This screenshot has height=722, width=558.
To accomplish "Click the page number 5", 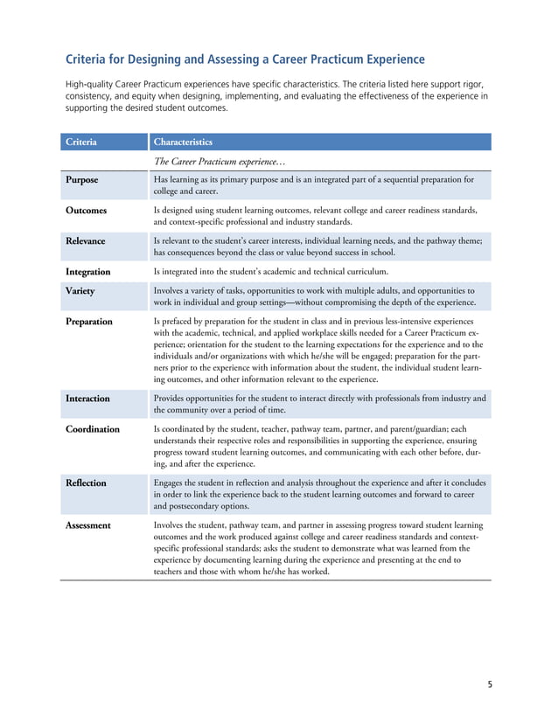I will (x=490, y=684).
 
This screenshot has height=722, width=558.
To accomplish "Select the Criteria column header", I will (x=80, y=142).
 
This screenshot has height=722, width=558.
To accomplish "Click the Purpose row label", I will (x=81, y=179).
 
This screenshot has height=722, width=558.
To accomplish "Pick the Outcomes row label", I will (x=86, y=211).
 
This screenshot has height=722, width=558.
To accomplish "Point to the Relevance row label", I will (x=85, y=241).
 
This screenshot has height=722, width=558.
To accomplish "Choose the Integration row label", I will (x=87, y=272).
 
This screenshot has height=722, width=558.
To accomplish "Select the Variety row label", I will (x=80, y=291).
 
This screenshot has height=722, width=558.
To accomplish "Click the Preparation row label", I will (x=88, y=322).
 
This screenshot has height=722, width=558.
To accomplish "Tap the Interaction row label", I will (x=87, y=398).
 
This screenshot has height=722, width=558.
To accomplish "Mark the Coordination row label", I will (x=92, y=429).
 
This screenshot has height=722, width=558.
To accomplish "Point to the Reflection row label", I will (x=86, y=482).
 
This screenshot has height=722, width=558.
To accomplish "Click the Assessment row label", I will (x=87, y=525).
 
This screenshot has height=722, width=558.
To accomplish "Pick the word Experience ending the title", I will (x=392, y=59).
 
